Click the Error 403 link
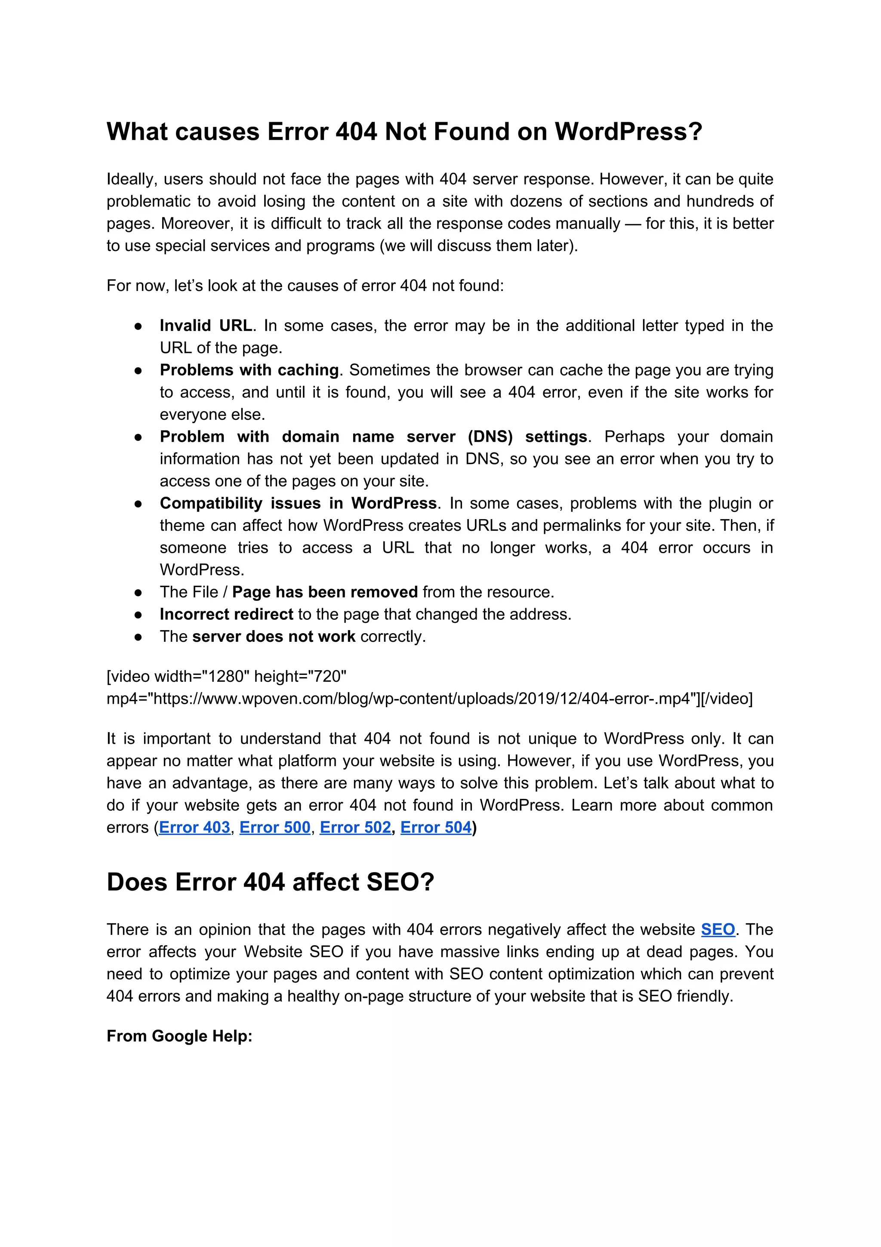[x=194, y=827]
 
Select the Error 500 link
[x=275, y=827]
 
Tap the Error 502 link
[x=355, y=827]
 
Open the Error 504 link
[x=435, y=827]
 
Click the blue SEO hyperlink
[x=718, y=929]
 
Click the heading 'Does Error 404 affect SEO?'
[x=270, y=882]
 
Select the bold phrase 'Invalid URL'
[x=206, y=325]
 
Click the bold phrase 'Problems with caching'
[x=249, y=370]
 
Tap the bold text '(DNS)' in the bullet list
[x=490, y=436]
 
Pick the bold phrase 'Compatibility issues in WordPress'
[x=298, y=503]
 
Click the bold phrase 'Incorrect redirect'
[x=226, y=614]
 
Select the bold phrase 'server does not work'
[x=274, y=637]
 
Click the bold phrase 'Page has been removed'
[x=325, y=592]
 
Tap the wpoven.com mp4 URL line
[x=429, y=699]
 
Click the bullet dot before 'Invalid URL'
[x=139, y=326]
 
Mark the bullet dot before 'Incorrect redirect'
[x=139, y=615]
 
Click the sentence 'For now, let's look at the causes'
[x=305, y=286]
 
